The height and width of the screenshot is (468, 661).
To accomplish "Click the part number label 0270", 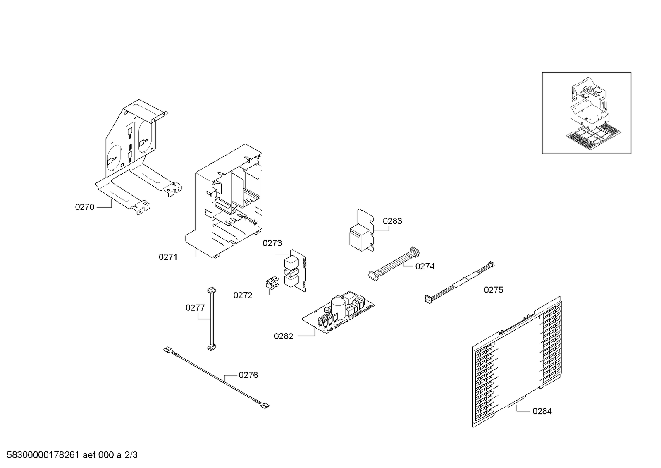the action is coord(85,207).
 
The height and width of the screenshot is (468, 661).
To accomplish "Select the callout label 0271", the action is coord(168,257).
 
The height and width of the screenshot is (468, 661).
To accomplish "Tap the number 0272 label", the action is coord(243,295).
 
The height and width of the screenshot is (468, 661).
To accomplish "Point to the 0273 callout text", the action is coord(272,243).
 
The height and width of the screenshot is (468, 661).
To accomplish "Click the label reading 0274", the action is coord(425,266).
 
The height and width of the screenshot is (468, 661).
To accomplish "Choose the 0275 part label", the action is coord(494,290).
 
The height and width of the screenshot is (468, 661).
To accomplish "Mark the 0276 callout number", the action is coord(248,375).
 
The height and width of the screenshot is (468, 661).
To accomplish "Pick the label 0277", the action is coord(195,308).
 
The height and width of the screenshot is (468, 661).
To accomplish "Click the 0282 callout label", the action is coord(284,336).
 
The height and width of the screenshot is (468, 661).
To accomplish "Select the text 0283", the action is coord(392,221).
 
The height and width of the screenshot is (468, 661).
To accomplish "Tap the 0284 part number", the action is coord(542,411).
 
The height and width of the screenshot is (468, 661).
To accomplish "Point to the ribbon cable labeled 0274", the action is coord(394,264).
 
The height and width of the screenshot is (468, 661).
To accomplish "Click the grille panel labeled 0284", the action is coord(517,362).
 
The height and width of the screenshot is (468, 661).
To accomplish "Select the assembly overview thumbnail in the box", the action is coord(586,113).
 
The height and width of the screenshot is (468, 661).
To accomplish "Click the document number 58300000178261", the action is coord(43,455).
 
